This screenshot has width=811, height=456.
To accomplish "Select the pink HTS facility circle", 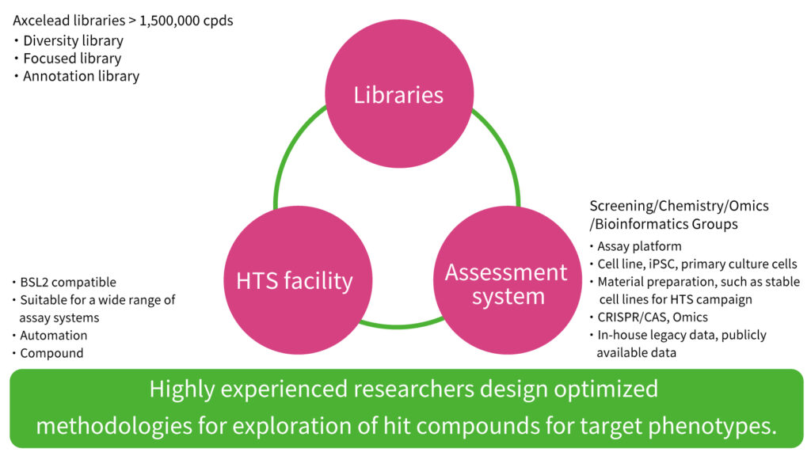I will pyautogui.click(x=294, y=279).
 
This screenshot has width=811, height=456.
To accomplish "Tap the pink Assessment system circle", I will pyautogui.click(x=506, y=284).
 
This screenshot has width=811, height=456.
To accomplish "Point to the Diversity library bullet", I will pyautogui.click(x=73, y=40).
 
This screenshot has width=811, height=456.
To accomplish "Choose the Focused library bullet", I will pyautogui.click(x=72, y=59).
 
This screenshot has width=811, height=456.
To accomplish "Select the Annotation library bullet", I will pyautogui.click(x=81, y=77).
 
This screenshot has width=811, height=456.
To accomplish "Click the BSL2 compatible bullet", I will pyautogui.click(x=68, y=283).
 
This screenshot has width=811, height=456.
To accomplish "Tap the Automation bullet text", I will pyautogui.click(x=54, y=336).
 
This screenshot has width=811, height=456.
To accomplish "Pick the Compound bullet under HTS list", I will pyautogui.click(x=51, y=354).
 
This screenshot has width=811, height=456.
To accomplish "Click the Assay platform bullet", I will pyautogui.click(x=639, y=246).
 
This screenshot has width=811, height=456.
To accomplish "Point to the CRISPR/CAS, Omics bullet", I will pyautogui.click(x=653, y=317).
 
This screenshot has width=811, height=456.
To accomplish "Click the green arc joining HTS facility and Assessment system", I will pyautogui.click(x=400, y=324).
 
